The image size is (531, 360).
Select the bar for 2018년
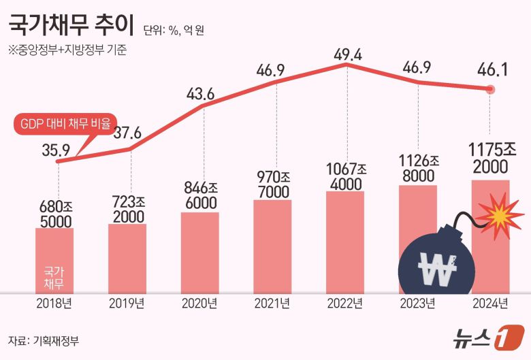[x=54, y=259]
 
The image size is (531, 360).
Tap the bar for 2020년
[x=200, y=252]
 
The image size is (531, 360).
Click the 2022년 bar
[x=345, y=242]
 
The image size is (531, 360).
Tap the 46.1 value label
[x=494, y=70]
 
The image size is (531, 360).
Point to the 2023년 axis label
[x=417, y=303]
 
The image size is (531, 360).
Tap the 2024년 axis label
[x=490, y=303]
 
